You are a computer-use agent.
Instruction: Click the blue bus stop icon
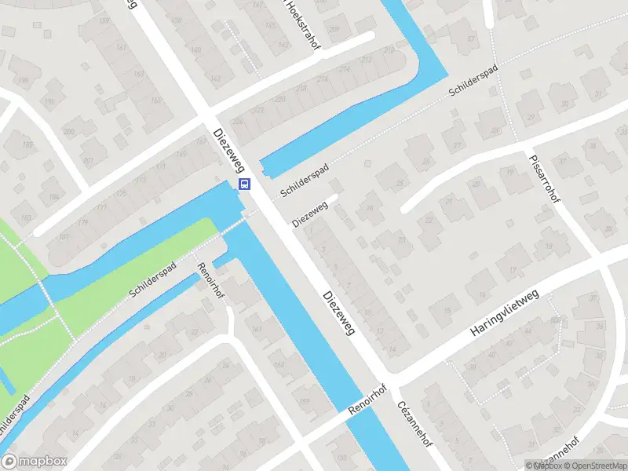[x=245, y=185]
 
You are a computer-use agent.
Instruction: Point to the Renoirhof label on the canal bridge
[x=368, y=401]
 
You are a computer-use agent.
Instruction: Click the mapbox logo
[x=33, y=462]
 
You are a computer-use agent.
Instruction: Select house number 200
[x=68, y=131]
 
